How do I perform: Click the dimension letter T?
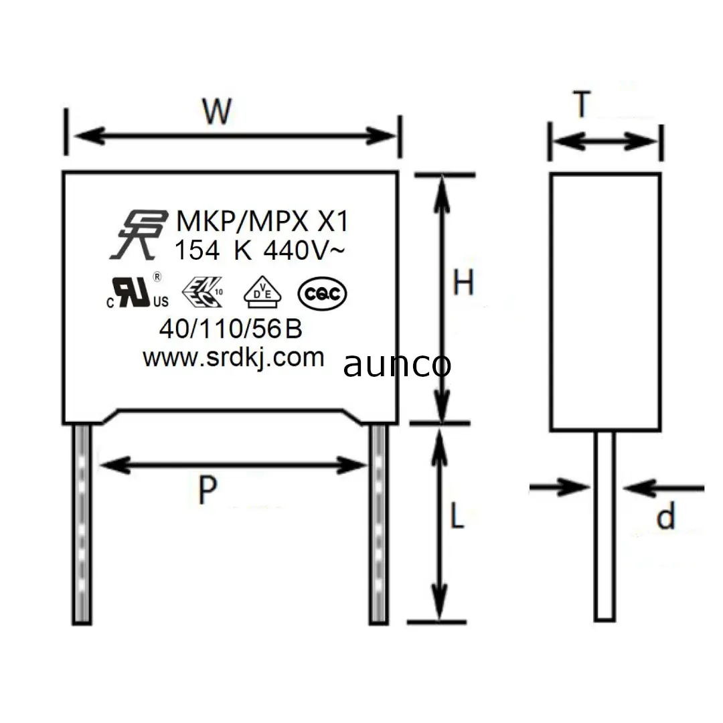[x=582, y=104]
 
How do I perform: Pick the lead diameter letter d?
[x=665, y=517]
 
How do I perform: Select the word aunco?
[x=397, y=365]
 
